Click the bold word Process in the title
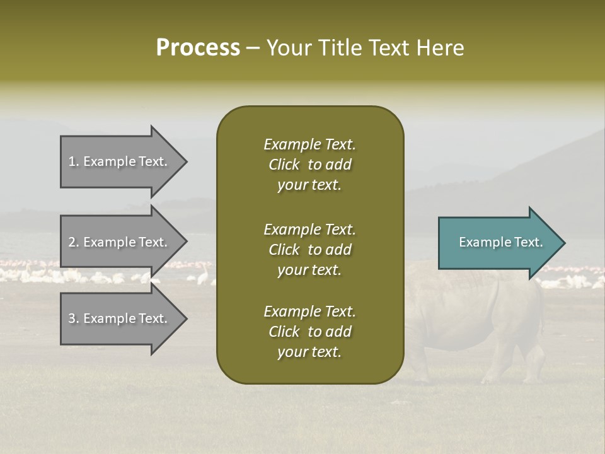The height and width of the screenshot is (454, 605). [198, 48]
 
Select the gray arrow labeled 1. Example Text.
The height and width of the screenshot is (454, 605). [120, 161]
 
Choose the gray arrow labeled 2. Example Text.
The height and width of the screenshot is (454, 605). [120, 242]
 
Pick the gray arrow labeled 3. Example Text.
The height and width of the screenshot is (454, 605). [120, 318]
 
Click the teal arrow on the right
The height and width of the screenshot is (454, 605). [498, 243]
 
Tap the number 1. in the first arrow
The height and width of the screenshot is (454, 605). [73, 161]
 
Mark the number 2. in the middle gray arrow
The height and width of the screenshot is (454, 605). [73, 242]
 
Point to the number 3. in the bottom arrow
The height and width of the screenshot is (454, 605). [73, 318]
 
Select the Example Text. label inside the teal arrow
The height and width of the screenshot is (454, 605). [500, 242]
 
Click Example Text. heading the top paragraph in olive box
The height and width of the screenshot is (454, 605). [309, 144]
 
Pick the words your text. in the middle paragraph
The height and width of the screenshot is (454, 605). [309, 270]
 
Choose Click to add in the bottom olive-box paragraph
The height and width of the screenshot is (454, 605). [309, 332]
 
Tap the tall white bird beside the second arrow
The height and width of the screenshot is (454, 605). [203, 276]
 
